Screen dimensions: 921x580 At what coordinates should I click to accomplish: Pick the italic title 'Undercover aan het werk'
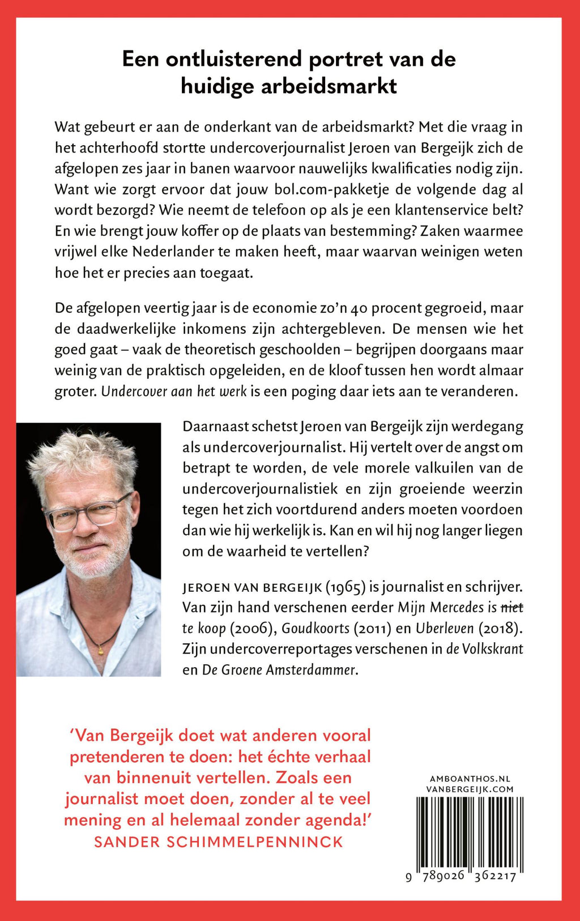(173, 392)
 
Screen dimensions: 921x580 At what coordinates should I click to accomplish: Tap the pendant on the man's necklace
(100, 650)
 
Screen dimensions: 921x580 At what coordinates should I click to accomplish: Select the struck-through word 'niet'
(511, 608)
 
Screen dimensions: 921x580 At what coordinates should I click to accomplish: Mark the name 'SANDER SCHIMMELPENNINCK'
(219, 842)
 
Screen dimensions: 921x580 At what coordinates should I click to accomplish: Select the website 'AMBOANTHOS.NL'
(470, 779)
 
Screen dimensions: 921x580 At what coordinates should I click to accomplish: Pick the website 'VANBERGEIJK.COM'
(470, 789)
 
